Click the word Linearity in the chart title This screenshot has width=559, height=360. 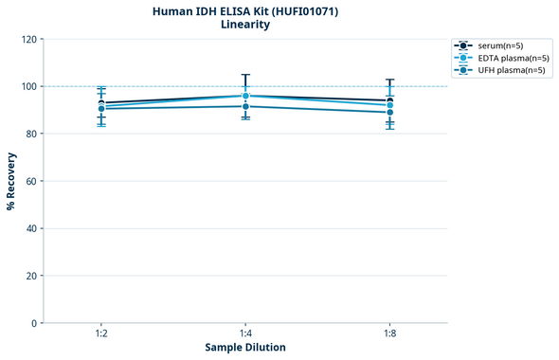244,25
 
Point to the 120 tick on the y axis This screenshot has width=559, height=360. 28,39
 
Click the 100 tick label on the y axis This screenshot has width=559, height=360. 28,86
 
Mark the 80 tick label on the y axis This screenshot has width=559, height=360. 30,134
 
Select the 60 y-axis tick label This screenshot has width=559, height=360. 30,181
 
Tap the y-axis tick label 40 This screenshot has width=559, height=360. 30,228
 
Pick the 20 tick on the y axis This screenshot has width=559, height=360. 30,276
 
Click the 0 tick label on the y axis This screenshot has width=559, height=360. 33,323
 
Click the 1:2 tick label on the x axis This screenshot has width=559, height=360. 100,334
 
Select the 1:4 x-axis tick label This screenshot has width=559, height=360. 245,334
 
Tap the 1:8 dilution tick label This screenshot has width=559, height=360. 389,334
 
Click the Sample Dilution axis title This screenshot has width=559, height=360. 245,348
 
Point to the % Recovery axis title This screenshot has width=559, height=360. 11,181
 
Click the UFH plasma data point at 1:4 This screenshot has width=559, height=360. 245,106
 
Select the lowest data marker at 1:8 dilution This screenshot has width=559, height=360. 389,112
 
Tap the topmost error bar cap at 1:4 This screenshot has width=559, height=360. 245,75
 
